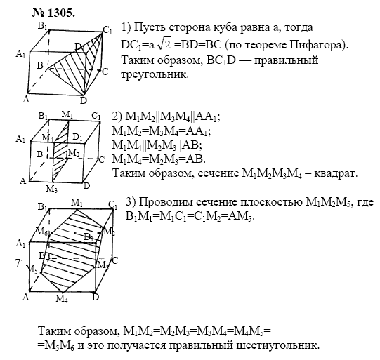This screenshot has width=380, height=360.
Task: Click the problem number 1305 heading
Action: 53,13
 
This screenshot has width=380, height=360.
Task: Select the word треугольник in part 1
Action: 155,74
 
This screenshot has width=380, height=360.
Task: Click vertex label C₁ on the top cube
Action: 107,30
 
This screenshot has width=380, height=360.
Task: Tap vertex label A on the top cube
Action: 26,99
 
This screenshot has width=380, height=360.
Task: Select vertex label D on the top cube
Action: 84,100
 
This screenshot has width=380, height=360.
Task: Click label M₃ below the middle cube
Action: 52,189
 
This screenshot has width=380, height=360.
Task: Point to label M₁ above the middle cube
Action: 67,114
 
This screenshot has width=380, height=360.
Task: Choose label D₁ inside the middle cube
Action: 77,138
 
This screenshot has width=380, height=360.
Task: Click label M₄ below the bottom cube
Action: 62,299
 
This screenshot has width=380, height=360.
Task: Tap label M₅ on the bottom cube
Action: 32,269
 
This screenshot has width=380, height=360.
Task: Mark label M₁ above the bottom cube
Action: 77,203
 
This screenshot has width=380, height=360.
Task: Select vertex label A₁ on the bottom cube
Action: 20,244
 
